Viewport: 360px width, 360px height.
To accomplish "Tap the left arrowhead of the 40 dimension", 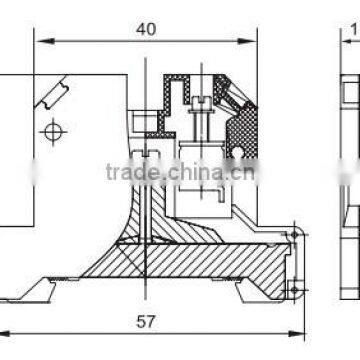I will point(41,41).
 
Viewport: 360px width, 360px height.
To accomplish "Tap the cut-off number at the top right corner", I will point(352,31).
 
